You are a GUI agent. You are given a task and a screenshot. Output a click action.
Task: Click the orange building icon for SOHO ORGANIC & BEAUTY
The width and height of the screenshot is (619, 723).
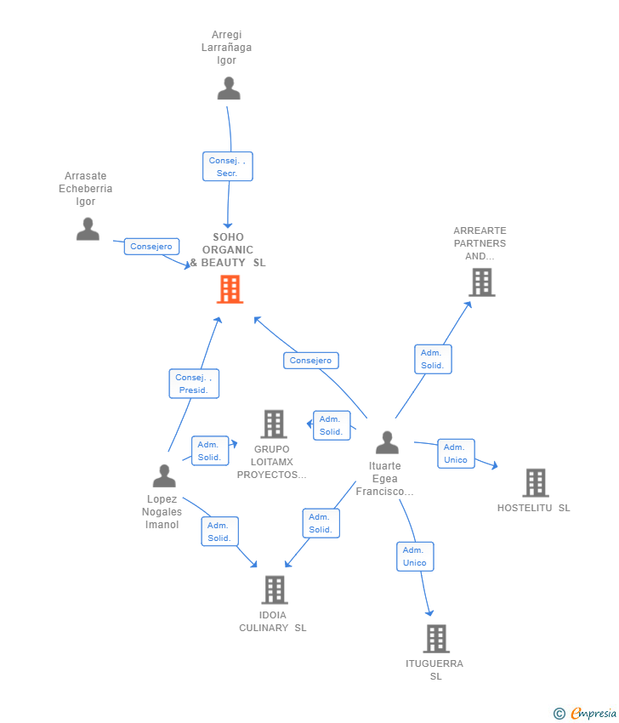pos(230,289)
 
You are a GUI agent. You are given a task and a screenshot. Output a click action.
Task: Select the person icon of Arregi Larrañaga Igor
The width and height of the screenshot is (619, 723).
pos(229,88)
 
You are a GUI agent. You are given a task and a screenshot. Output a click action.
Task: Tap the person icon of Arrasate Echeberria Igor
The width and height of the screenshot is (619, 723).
pos(88,229)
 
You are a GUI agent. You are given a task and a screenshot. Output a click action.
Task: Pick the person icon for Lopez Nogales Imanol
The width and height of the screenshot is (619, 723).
pos(164,475)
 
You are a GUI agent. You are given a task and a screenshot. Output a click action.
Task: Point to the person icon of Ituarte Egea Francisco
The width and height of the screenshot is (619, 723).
pos(387,442)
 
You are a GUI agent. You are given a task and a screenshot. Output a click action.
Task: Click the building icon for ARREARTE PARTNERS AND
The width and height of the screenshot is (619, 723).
pos(482,282)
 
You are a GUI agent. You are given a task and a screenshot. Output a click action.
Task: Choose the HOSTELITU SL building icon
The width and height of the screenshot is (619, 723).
pos(536,483)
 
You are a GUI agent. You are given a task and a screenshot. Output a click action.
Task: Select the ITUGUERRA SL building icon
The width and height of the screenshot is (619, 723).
pos(436,639)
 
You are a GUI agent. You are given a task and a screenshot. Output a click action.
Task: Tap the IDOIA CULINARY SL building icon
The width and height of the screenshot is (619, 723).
pos(275,589)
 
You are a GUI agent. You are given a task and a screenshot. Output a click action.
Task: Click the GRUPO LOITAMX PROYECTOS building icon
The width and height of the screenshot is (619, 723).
pos(274,424)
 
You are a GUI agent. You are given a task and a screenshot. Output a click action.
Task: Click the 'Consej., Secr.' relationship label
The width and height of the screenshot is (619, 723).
pos(228,167)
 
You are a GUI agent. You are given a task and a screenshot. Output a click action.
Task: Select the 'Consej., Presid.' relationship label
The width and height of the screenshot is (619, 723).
pos(194,384)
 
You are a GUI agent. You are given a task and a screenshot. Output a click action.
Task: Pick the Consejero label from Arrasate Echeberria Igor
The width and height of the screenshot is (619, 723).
pos(151,246)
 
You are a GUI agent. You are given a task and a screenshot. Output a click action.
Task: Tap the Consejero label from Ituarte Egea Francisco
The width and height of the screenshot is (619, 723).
pos(311,361)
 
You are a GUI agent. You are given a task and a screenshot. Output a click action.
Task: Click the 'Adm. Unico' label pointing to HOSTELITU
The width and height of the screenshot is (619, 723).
pos(456,453)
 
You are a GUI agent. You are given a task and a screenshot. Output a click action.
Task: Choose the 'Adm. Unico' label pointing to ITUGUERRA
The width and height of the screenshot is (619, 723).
pos(415,556)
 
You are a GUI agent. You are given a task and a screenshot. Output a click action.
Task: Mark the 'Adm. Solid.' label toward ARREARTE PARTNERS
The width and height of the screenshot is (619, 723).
pos(433,359)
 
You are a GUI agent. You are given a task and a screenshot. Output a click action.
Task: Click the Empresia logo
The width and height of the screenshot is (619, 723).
pos(585,714)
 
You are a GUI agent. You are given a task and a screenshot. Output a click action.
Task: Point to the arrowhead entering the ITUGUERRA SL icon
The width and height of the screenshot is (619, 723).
pos(429,612)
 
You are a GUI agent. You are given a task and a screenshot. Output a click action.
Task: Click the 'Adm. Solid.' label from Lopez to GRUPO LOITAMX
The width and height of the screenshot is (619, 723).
pos(210,451)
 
